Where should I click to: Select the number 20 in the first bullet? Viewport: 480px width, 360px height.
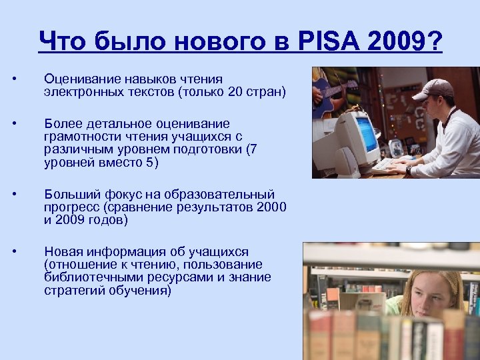pyautogui.click(x=235, y=91)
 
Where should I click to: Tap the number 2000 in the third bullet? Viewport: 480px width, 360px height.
pyautogui.click(x=273, y=207)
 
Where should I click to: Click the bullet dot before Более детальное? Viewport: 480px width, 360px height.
pyautogui.click(x=15, y=124)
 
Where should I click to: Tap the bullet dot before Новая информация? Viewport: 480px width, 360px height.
pyautogui.click(x=15, y=252)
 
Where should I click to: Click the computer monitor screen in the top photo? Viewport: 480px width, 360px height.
pyautogui.click(x=366, y=133)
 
